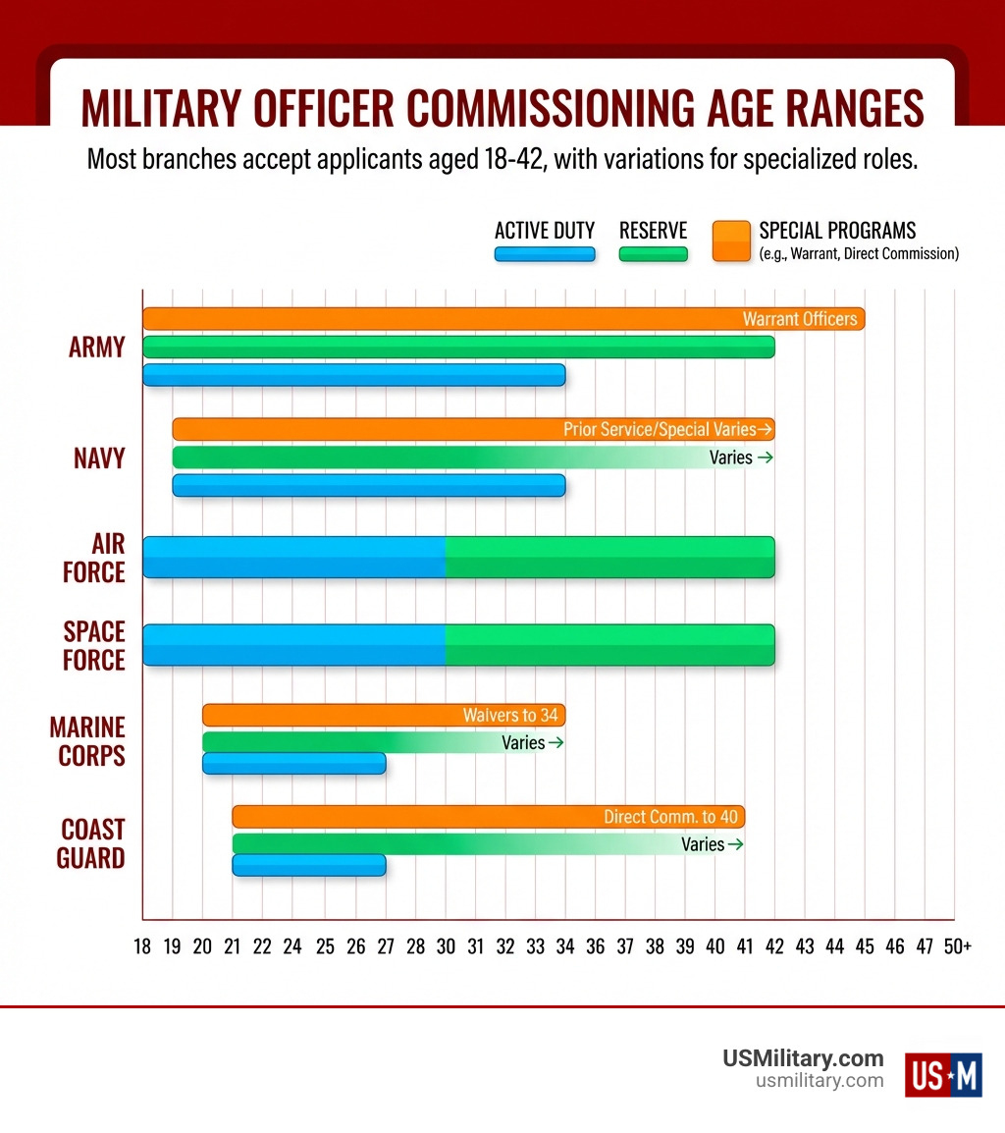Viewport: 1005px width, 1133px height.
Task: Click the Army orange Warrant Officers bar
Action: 503,318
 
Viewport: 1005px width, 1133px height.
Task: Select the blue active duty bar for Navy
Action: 368,485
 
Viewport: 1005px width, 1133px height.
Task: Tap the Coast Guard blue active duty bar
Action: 308,865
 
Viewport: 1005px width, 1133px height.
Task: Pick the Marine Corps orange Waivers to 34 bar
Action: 384,715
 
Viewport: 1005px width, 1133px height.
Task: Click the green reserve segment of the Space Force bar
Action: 609,645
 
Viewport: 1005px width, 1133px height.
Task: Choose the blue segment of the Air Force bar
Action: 294,557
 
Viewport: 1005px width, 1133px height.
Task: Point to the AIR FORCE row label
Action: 94,558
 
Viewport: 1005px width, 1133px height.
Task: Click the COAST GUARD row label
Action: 91,843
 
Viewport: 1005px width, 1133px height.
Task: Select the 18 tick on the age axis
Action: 143,946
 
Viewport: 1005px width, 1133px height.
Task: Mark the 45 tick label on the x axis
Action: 865,946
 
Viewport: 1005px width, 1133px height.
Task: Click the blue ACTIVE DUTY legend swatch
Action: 545,254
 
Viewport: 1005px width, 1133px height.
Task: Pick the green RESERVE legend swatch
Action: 653,254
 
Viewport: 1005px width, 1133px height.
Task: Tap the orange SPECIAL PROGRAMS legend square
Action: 730,241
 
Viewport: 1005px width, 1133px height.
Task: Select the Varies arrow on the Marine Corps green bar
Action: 555,743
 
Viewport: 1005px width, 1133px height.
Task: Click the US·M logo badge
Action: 942,1073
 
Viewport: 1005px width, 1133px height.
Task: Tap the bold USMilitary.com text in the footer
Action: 803,1058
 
